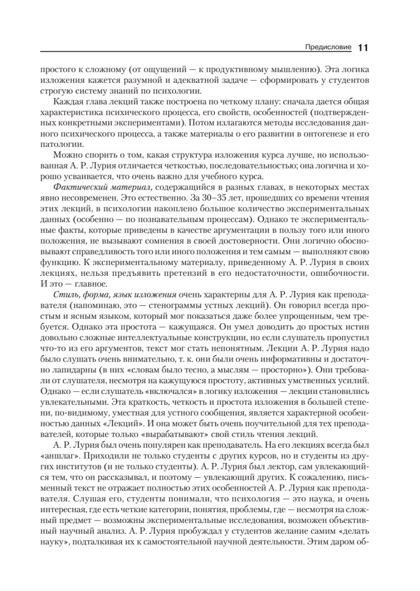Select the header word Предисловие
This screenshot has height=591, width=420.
click(x=329, y=48)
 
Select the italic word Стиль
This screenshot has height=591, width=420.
click(x=63, y=295)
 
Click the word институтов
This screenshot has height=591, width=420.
click(x=78, y=466)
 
